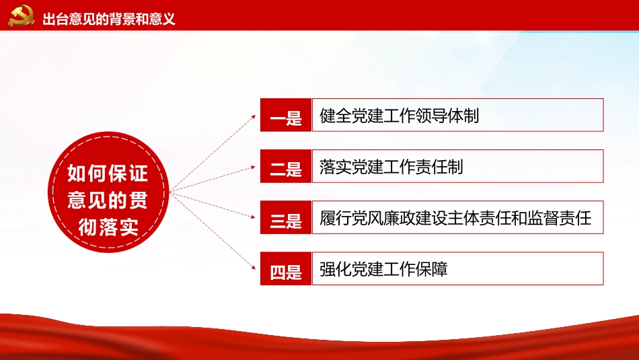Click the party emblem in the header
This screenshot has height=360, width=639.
(x=22, y=17)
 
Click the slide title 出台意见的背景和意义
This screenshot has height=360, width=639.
(x=109, y=19)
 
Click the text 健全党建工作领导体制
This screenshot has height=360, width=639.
(x=400, y=116)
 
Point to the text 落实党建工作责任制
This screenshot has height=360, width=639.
(x=391, y=167)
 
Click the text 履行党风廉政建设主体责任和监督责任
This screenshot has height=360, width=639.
(x=455, y=218)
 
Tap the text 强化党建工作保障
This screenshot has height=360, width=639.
(x=383, y=269)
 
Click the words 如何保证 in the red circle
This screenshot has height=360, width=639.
(x=108, y=174)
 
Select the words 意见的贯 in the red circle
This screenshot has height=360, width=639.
(x=108, y=201)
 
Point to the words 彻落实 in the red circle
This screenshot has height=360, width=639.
(x=108, y=227)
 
